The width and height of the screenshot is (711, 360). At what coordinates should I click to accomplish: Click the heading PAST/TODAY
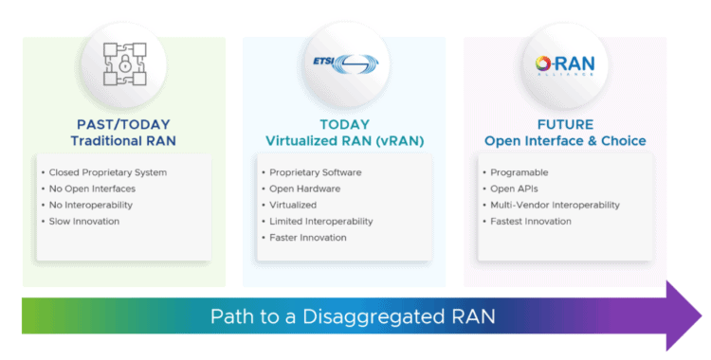coord(123,124)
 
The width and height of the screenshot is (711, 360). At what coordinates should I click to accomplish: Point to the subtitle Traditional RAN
coord(123,141)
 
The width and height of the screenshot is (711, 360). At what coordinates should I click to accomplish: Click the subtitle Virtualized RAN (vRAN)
coord(344,141)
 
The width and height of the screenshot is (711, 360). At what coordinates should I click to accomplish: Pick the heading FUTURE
coord(565,124)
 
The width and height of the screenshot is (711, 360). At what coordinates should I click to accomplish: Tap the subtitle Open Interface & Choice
coord(565,141)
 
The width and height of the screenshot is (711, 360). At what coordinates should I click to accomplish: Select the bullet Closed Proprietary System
coord(107,172)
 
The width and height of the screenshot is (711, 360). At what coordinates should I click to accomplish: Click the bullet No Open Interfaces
coord(94,189)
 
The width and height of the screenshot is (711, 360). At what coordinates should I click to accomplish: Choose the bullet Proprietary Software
coord(315,172)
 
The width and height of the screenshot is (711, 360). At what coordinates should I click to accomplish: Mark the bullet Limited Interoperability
coord(320,221)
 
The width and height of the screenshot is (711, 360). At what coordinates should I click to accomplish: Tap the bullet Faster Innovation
coord(307,237)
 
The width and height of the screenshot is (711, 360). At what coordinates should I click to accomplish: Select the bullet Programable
coord(520,172)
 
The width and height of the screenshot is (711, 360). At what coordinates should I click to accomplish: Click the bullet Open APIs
coord(515,189)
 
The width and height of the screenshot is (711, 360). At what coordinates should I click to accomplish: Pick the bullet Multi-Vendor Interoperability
coord(555,205)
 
